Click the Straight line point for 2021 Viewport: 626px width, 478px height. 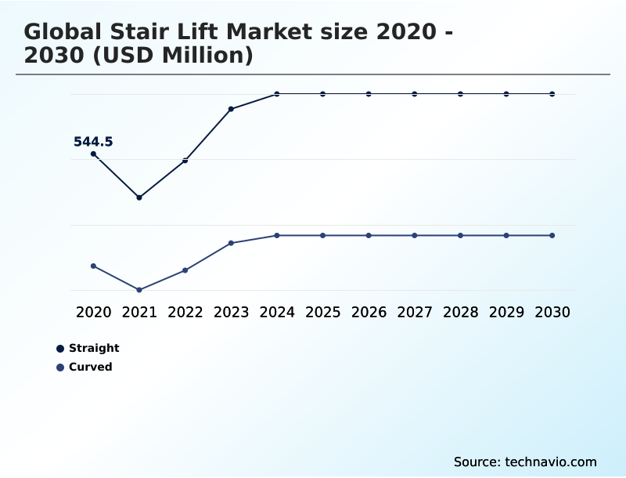pyautogui.click(x=139, y=197)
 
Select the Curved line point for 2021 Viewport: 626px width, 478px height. pyautogui.click(x=139, y=290)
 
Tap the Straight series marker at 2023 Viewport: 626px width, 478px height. pyautogui.click(x=231, y=109)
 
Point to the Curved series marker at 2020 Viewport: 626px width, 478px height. pyautogui.click(x=94, y=266)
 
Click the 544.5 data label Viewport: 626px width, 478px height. pyautogui.click(x=93, y=142)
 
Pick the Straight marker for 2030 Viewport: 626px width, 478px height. pyautogui.click(x=552, y=94)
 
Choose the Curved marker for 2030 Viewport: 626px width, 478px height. pyautogui.click(x=552, y=236)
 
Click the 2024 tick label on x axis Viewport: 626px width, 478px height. pyautogui.click(x=277, y=313)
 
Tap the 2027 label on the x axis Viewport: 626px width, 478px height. pyautogui.click(x=415, y=313)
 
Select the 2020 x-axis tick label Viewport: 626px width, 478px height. pyautogui.click(x=94, y=313)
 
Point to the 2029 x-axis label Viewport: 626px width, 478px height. pyautogui.click(x=506, y=313)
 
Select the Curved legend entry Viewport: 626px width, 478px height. pyautogui.click(x=90, y=367)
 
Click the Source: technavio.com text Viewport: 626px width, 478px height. pyautogui.click(x=525, y=462)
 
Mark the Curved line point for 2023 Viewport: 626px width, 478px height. pyautogui.click(x=231, y=243)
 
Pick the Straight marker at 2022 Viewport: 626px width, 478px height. pyautogui.click(x=185, y=161)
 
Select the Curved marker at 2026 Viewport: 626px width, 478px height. pyautogui.click(x=369, y=236)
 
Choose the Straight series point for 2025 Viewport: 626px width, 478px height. pyautogui.click(x=322, y=94)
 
